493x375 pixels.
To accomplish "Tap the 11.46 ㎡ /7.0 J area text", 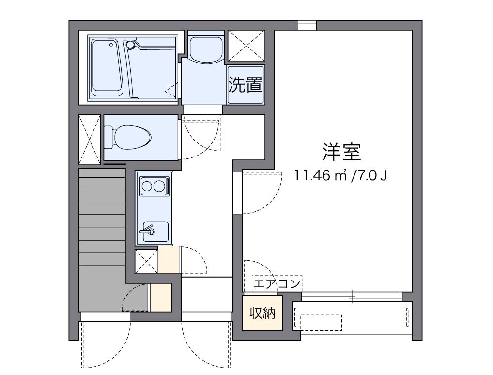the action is pyautogui.click(x=340, y=175).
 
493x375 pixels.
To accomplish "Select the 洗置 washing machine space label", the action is pyautogui.click(x=245, y=85).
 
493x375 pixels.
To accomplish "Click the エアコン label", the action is pyautogui.click(x=277, y=284).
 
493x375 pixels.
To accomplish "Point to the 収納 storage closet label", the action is pyautogui.click(x=262, y=312).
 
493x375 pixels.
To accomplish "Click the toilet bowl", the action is pyautogui.click(x=128, y=138).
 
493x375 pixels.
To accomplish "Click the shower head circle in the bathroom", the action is pyautogui.click(x=130, y=45).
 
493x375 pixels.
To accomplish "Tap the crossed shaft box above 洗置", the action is pyautogui.click(x=246, y=46).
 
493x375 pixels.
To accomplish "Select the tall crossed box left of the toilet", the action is pyautogui.click(x=89, y=140).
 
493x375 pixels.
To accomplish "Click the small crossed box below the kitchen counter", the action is pyautogui.click(x=146, y=262).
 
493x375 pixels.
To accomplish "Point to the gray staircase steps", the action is pyautogui.click(x=102, y=217).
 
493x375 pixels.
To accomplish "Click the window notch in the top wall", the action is pyautogui.click(x=307, y=25).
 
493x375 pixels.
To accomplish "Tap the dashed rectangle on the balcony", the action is pyautogui.click(x=321, y=323).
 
